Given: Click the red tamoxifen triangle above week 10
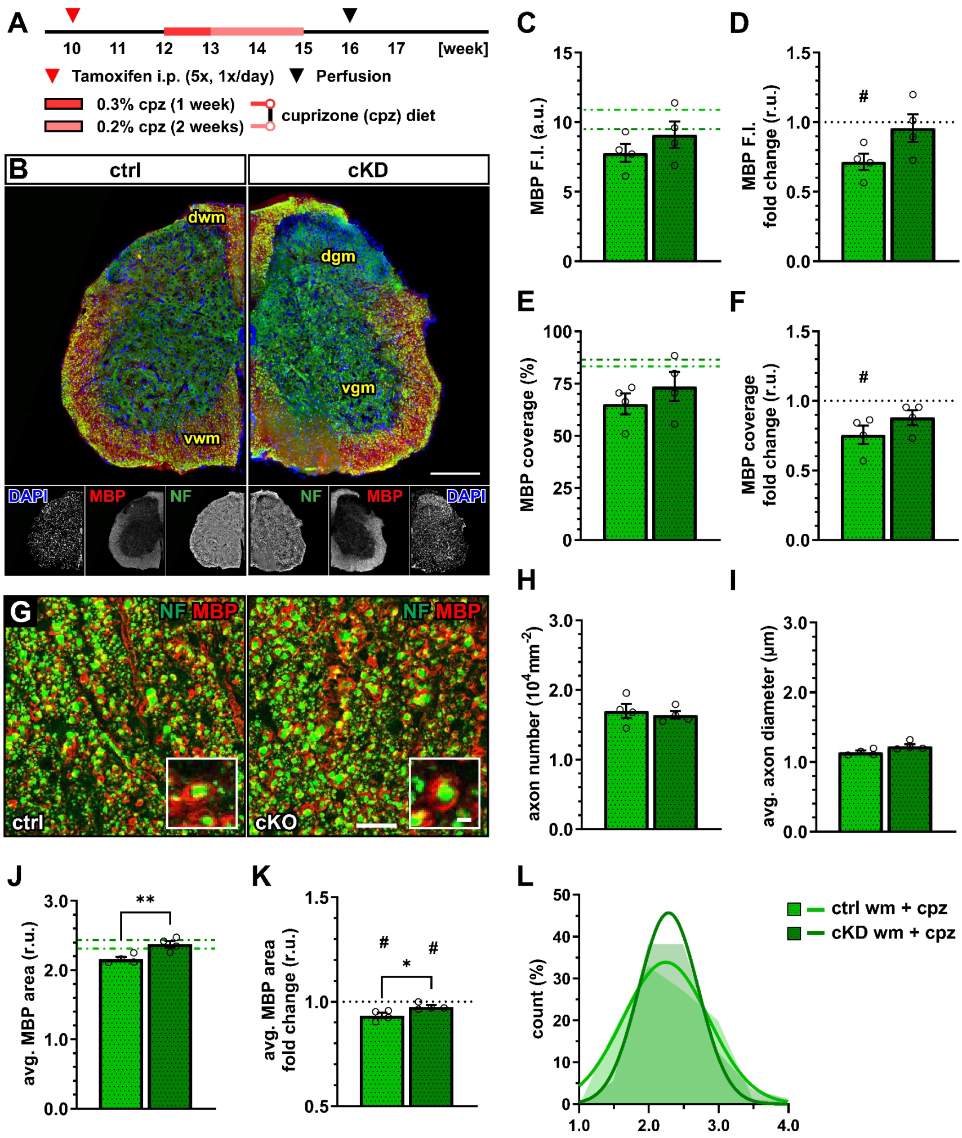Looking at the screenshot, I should (x=73, y=15).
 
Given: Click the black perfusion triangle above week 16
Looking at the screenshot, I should (x=350, y=15).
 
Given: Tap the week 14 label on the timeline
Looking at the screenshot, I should (x=257, y=49).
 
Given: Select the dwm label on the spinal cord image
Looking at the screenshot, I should (x=206, y=217).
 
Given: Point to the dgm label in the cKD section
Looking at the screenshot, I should (x=338, y=257).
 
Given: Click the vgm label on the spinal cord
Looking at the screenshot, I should (x=358, y=388).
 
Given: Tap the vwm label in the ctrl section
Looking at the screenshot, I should (x=202, y=439).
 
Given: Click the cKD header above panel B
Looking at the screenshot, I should (x=368, y=170).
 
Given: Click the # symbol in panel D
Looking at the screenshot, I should (x=863, y=97).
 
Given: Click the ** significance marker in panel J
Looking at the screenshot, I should (x=145, y=900).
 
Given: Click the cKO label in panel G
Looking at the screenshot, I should (x=275, y=823).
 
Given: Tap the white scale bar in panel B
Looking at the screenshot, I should (x=455, y=473).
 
